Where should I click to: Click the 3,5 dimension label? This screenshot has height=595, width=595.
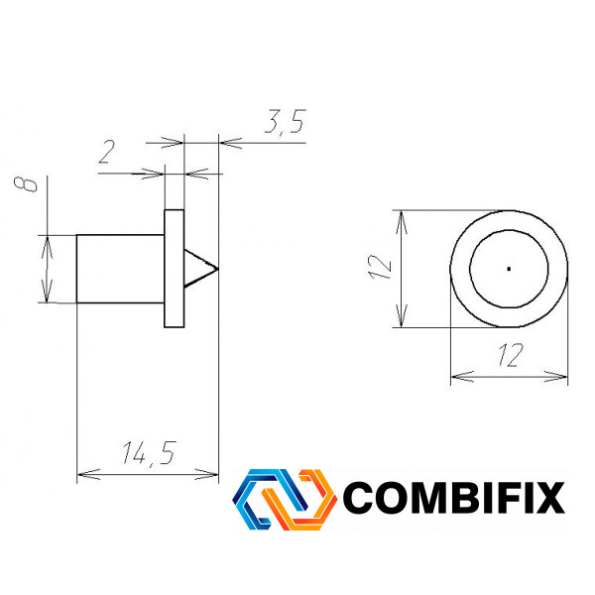pyautogui.click(x=286, y=121)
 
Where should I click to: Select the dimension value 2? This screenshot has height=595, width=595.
pyautogui.click(x=107, y=152)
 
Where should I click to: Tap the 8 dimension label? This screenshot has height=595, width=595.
pyautogui.click(x=26, y=184)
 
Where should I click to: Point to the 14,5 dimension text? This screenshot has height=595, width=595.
pyautogui.click(x=149, y=453)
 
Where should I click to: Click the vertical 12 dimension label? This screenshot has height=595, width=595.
pyautogui.click(x=380, y=267)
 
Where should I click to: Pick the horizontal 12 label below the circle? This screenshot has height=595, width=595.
pyautogui.click(x=511, y=355)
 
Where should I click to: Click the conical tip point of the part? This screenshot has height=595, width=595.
pyautogui.click(x=218, y=269)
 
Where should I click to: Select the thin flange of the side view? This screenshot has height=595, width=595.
pyautogui.click(x=175, y=269)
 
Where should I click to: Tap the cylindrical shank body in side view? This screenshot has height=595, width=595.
pyautogui.click(x=120, y=269)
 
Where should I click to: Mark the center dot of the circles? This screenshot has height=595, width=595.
pyautogui.click(x=509, y=269)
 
